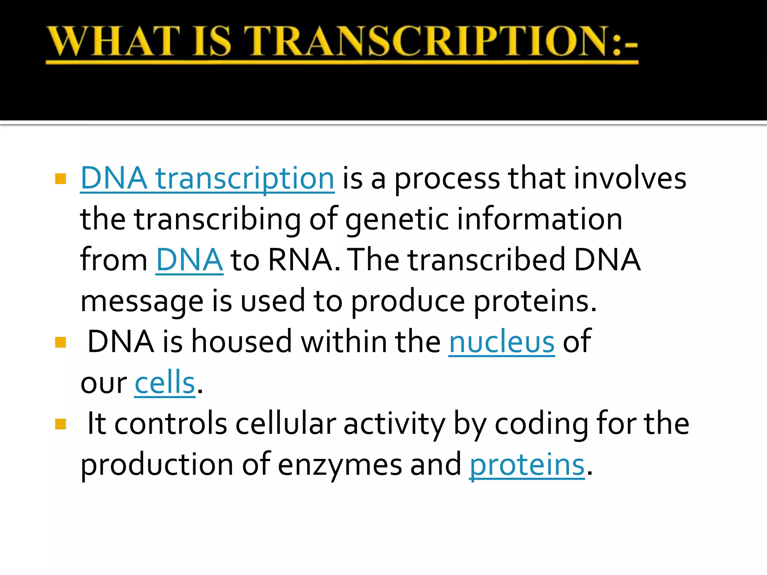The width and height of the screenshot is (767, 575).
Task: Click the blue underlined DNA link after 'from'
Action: coord(189,260)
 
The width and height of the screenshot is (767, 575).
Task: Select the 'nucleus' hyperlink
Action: coord(501,342)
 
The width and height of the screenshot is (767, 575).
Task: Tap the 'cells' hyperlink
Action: coord(165,383)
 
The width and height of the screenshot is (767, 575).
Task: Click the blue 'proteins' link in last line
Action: coord(527,465)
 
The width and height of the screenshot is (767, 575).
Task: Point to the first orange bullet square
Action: coord(60,179)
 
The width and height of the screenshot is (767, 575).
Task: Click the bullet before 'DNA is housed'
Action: coord(60,342)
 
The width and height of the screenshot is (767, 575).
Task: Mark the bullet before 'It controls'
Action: coord(60,424)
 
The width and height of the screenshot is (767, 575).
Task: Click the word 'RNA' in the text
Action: coord(300,260)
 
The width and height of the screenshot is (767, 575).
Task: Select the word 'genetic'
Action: coord(397,220)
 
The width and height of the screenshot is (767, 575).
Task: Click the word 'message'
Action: coord(142,302)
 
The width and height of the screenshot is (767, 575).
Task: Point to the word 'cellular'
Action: coord(285,424)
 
